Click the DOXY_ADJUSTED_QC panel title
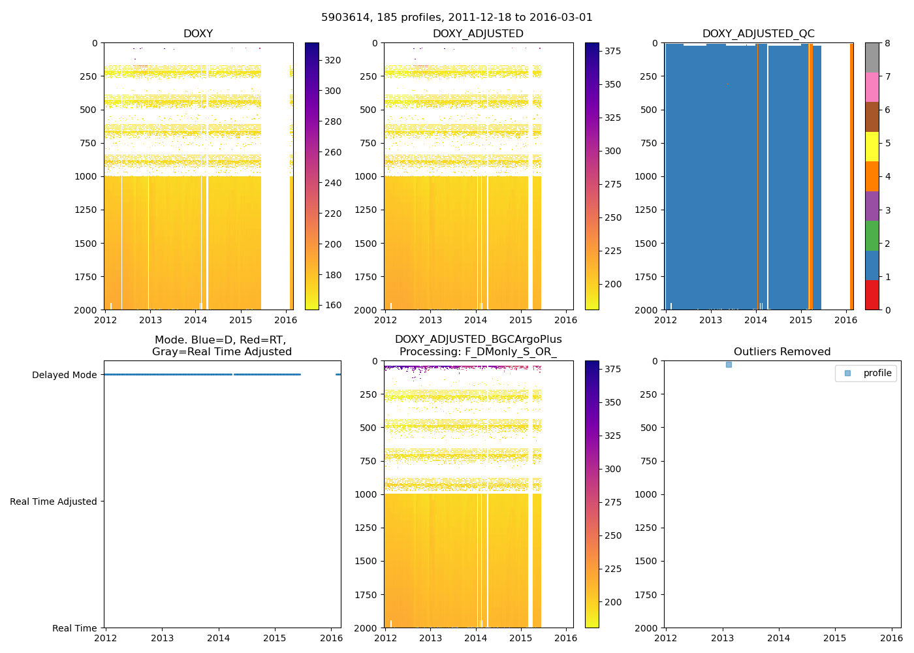tap(758, 34)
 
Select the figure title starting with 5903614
tap(457, 18)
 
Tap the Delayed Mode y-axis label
tap(64, 375)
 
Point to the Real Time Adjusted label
tap(54, 502)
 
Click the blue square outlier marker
tap(729, 364)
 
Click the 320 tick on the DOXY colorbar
tap(333, 60)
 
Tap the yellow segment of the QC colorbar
tap(872, 146)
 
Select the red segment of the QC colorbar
tap(872, 295)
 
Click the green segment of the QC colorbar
tap(872, 236)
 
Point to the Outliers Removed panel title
tap(782, 352)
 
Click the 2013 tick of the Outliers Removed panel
tap(722, 638)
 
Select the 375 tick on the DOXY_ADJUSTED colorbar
tap(613, 51)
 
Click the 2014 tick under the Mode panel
tap(219, 638)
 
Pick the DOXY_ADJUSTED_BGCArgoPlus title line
tap(478, 340)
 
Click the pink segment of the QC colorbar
tap(872, 87)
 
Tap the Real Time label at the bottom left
tap(74, 628)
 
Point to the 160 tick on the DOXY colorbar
tap(333, 305)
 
